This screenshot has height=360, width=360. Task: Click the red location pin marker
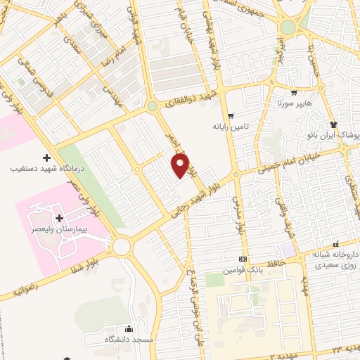(x=181, y=166)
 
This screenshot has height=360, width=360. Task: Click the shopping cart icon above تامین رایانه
(x=231, y=116)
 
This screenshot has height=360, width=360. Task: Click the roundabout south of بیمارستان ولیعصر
(x=122, y=246)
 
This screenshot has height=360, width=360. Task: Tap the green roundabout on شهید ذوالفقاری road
(x=152, y=107)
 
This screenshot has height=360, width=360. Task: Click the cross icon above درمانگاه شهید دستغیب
(x=46, y=157)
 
